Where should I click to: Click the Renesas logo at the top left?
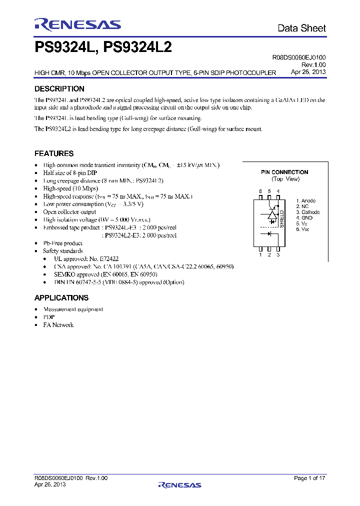pos(77,24)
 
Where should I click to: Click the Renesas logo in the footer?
pos(179,484)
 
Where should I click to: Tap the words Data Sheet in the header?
pos(301,28)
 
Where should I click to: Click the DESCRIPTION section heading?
pos(59,89)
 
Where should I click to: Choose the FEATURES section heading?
pos(53,153)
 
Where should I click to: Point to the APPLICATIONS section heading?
pos(61,298)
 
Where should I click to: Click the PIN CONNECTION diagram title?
pos(284,172)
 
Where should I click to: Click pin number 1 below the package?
pos(260,255)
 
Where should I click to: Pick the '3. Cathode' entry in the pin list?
pos(307,212)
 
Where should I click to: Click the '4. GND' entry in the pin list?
pos(304,217)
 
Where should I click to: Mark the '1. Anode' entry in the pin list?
pos(305,201)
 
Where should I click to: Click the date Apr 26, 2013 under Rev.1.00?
pos(308,71)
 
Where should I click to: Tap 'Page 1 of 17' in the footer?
pos(309,478)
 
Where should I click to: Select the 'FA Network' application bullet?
pos(58,325)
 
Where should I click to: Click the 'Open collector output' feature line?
pos(69,212)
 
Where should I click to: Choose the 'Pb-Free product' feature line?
pos(62,243)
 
